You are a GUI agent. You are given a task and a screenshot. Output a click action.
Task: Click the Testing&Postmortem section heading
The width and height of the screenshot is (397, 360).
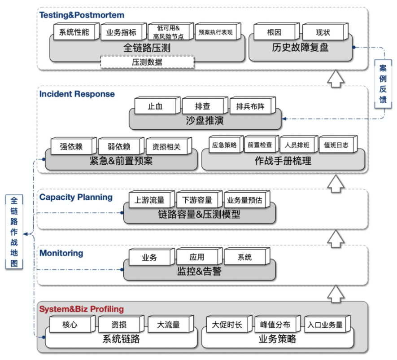(x=82, y=15)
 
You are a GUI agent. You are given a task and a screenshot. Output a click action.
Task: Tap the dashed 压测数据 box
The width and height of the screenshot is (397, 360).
(x=147, y=62)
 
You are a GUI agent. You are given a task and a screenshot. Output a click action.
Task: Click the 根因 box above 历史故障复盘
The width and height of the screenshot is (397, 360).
(x=274, y=32)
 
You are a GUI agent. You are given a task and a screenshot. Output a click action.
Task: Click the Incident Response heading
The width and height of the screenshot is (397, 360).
(x=77, y=94)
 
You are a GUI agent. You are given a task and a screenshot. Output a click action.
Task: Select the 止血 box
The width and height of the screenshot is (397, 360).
(x=155, y=106)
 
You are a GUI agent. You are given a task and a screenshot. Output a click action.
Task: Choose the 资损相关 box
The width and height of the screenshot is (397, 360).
(x=166, y=146)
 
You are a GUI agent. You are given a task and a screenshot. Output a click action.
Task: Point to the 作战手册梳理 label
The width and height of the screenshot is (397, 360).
(x=283, y=161)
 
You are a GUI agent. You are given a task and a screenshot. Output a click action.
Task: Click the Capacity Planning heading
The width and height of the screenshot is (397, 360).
(x=76, y=197)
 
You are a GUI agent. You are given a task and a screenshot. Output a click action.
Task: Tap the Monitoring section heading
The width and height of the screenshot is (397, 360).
(x=61, y=253)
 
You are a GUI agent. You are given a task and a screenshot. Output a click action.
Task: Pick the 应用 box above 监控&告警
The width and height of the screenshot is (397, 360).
(x=197, y=257)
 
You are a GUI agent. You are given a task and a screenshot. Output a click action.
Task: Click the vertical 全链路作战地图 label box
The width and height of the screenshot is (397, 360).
(x=14, y=232)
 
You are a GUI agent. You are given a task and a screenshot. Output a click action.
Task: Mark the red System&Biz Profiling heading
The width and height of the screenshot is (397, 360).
(x=81, y=309)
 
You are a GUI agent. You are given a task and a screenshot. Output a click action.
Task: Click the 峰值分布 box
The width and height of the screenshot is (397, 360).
(x=275, y=325)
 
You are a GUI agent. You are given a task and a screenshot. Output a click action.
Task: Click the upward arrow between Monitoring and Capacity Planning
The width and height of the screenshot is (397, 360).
(x=336, y=237)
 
